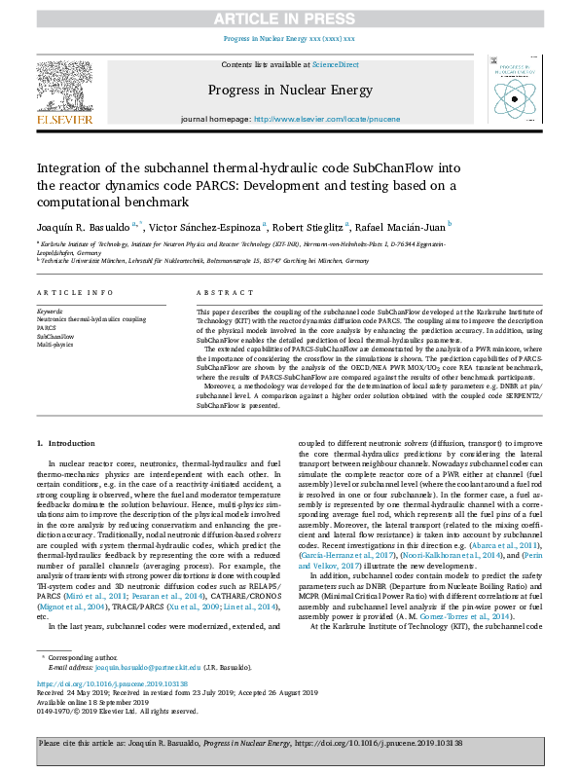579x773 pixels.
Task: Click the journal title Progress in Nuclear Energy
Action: pyautogui.click(x=288, y=92)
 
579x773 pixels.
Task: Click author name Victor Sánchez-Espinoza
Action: pyautogui.click(x=208, y=225)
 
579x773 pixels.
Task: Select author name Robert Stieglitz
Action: pyautogui.click(x=309, y=225)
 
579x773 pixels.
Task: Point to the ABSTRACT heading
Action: pyautogui.click(x=218, y=292)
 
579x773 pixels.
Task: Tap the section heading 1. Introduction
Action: pyautogui.click(x=66, y=443)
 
